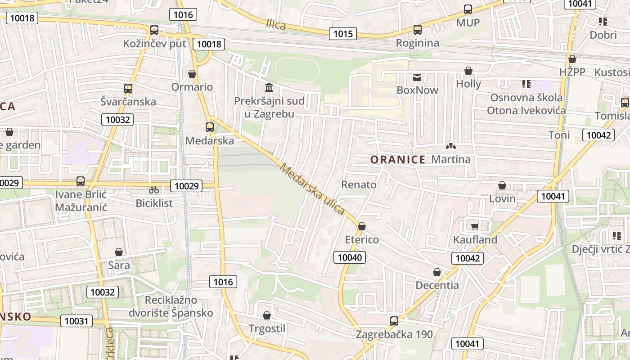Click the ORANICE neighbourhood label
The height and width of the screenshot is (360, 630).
398,159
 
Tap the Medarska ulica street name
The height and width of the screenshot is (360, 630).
312,189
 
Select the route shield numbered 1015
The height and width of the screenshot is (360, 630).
342,34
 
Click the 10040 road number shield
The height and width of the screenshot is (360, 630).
350,257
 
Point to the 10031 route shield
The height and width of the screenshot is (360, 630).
76,321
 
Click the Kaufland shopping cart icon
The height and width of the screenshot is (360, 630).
475,226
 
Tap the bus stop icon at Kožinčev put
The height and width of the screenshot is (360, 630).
154,30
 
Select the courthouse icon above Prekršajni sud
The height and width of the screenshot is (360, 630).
269,87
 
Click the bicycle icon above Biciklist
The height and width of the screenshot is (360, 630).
154,190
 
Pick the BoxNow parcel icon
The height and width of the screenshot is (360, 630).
417,77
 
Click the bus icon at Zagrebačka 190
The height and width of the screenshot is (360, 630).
394,321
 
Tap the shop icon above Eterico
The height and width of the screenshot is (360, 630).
362,226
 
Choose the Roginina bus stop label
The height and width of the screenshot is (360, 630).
417,43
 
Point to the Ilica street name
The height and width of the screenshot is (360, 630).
276,24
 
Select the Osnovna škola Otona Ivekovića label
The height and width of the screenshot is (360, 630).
526,104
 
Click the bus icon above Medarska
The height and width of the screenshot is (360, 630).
210,127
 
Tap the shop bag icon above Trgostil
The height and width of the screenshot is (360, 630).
267,315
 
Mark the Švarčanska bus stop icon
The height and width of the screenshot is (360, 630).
128,88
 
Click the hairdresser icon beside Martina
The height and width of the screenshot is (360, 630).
450,146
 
